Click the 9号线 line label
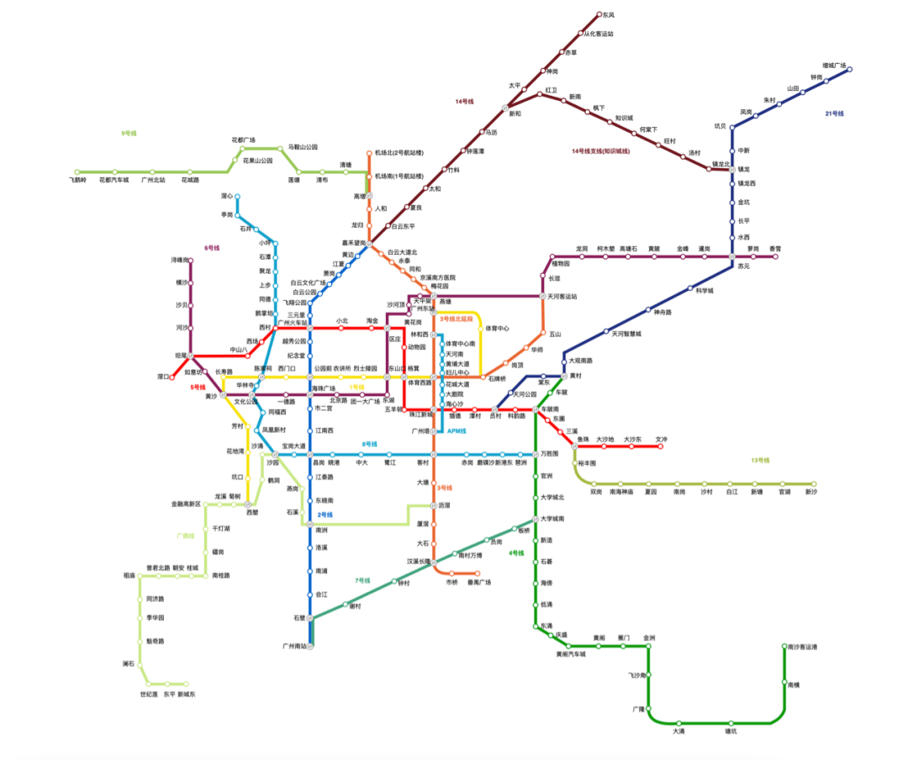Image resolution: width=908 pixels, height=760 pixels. tap(129, 133)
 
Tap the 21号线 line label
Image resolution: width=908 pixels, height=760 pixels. tap(834, 113)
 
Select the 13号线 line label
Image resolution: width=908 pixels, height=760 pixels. tap(761, 460)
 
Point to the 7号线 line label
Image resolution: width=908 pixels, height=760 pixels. tap(362, 580)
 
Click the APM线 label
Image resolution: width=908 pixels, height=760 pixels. tap(457, 431)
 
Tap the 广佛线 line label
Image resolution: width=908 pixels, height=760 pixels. tap(185, 536)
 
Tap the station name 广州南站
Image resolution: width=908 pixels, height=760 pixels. tap(295, 647)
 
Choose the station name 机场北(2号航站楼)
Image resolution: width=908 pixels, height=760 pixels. tap(399, 152)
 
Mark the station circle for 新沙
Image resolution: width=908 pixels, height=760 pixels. tap(813, 484)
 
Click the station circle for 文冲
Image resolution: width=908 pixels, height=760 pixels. tap(661, 446)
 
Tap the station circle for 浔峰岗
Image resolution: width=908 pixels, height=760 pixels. tap(191, 261)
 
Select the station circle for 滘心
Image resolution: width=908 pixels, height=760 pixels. tap(238, 197)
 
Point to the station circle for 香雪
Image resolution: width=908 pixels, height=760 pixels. tap(775, 256)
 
